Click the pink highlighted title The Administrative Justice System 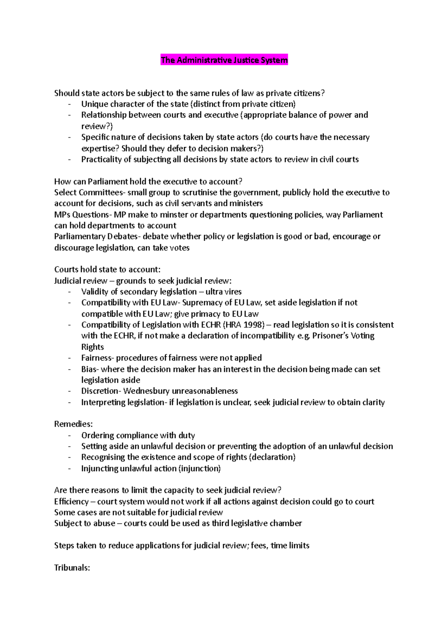point(224,60)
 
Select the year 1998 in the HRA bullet point(254,325)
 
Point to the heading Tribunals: point(72,568)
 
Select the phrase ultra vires point(223,292)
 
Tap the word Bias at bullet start point(89,369)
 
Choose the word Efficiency point(71,501)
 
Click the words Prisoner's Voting point(343,336)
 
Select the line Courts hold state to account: point(107,270)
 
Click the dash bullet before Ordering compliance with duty point(69,436)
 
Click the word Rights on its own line point(93,347)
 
